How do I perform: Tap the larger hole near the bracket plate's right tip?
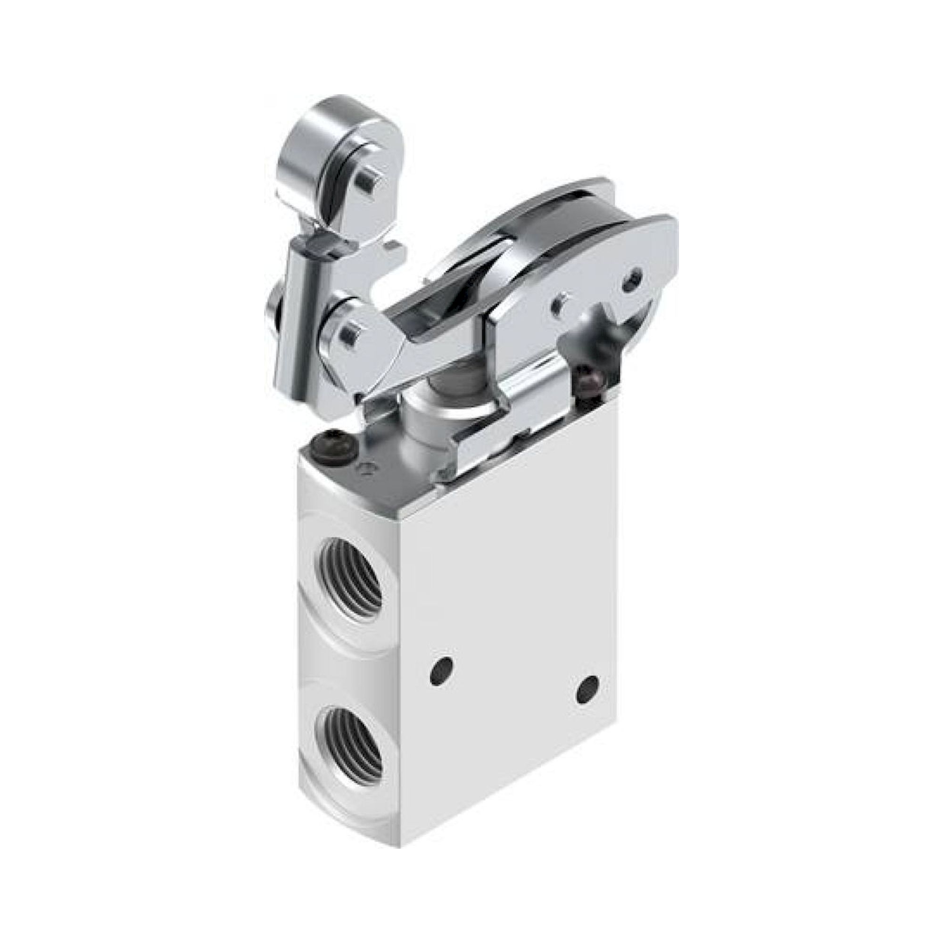pos(633,278)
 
